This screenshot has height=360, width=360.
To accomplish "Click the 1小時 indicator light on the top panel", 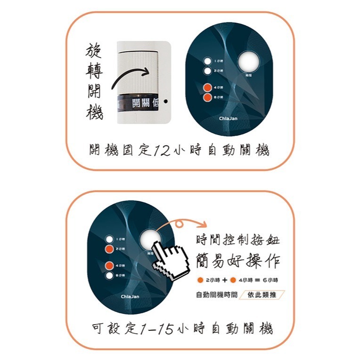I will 207,61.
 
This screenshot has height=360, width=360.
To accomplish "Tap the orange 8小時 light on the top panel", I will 207,97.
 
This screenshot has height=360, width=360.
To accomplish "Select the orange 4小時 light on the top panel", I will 207,88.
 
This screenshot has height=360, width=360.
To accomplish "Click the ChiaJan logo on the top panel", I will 229,119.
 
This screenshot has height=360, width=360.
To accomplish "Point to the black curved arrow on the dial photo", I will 129,77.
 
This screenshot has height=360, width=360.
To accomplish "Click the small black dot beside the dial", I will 166,101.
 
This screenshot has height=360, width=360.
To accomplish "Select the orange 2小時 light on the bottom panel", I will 109,248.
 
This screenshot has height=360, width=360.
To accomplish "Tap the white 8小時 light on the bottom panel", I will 109,275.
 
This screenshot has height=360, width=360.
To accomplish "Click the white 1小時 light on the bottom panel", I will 109,239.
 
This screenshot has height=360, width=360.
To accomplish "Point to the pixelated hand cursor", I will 171,260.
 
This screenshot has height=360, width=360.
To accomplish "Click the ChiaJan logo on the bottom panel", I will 130,296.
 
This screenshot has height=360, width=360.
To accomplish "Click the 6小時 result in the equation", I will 272,280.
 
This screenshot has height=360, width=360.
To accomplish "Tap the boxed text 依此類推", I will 262,296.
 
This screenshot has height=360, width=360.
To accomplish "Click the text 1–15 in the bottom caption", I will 156,328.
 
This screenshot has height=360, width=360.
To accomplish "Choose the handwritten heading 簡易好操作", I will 238,260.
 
